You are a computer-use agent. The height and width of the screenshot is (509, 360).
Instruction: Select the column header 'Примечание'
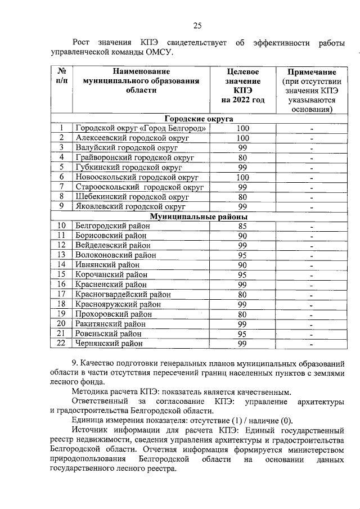(312, 73)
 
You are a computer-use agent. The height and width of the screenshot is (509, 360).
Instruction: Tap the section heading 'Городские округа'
(199, 119)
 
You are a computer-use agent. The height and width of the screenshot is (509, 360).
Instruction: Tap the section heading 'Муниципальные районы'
(199, 217)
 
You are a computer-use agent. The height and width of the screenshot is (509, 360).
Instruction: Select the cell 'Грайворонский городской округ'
(134, 158)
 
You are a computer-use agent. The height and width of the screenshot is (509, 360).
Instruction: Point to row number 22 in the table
(62, 343)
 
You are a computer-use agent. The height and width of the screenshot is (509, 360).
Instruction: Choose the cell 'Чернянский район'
(109, 343)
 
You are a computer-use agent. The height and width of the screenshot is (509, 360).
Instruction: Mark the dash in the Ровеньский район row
(311, 334)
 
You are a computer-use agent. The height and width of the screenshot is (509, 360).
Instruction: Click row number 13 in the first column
(62, 255)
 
